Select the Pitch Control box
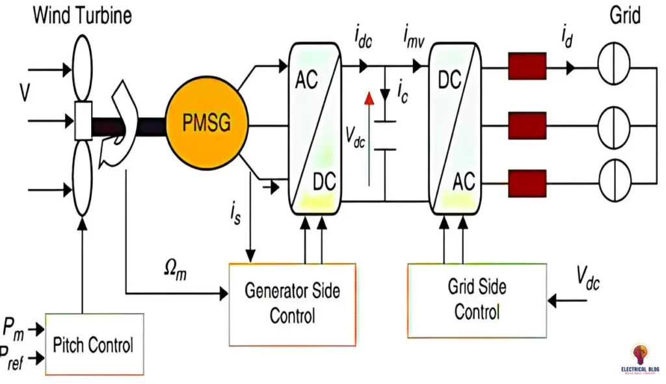click(x=94, y=344)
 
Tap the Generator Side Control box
click(x=292, y=304)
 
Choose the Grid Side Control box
click(x=477, y=299)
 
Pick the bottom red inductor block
click(x=527, y=183)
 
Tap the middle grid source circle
click(x=615, y=123)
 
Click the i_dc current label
click(x=365, y=36)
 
